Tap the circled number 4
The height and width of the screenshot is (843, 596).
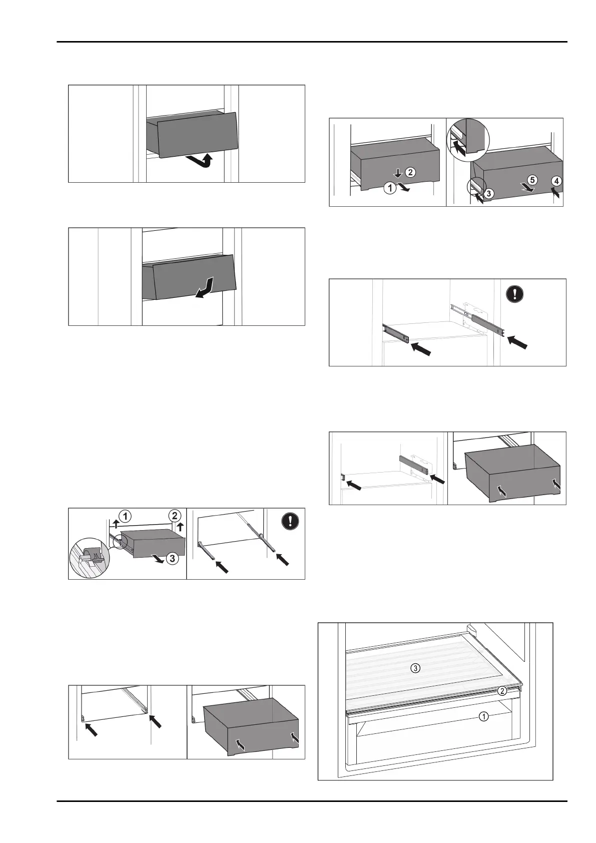click(x=556, y=180)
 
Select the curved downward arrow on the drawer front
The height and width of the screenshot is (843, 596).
click(x=206, y=288)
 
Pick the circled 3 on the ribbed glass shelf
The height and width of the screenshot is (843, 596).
click(x=415, y=667)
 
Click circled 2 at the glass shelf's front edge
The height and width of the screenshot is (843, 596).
click(x=502, y=691)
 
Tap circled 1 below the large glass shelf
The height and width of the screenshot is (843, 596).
click(x=483, y=717)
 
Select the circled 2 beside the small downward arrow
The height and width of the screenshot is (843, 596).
click(x=409, y=173)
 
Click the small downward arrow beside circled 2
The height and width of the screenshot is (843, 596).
click(x=398, y=173)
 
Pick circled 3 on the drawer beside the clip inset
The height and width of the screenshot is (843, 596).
click(x=172, y=559)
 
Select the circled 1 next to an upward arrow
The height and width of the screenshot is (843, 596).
click(x=125, y=515)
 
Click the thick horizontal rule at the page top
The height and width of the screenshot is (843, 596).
click(x=312, y=42)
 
